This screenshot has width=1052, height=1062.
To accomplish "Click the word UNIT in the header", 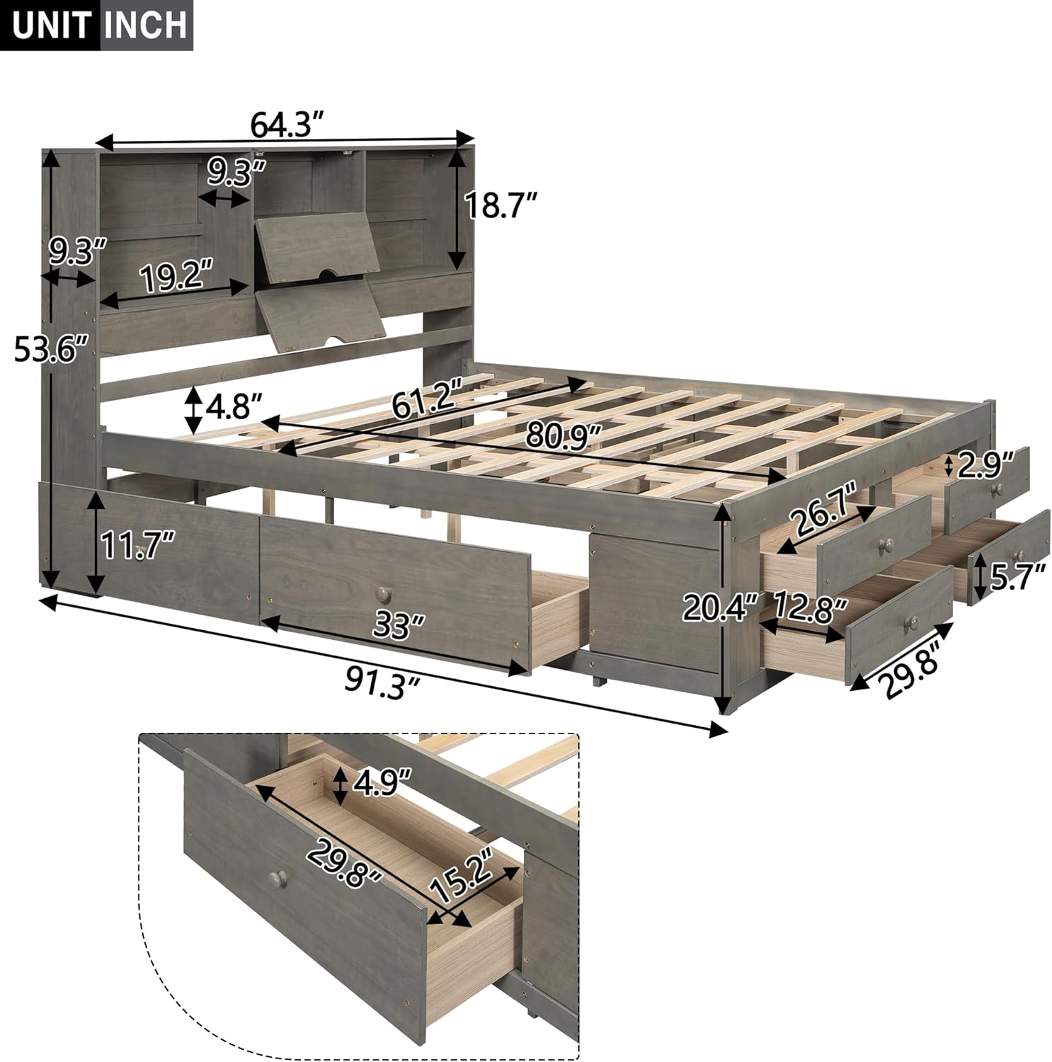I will coord(51,25).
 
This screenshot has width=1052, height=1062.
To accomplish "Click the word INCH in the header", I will coord(147,25).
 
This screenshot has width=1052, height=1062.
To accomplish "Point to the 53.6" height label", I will coord(52,348).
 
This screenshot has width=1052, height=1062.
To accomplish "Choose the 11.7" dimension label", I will coord(137,546).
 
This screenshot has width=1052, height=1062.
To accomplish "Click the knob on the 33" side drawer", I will coord(383,591).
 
